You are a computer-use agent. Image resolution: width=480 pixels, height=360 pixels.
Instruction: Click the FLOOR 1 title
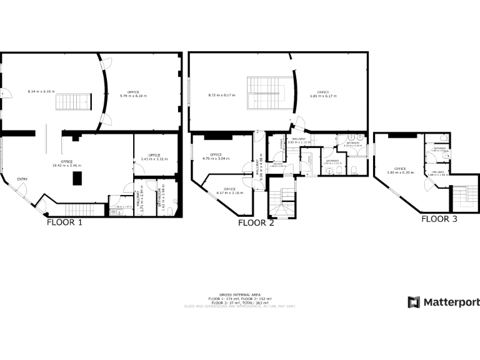[x=64, y=222]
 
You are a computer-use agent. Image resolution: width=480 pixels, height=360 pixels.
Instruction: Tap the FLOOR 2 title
[x=256, y=223]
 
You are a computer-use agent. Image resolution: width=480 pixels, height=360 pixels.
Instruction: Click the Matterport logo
[x=444, y=302]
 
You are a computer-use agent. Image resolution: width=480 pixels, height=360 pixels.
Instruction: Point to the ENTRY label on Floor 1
[x=22, y=180]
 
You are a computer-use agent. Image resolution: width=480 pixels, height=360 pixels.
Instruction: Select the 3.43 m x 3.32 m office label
[x=154, y=157]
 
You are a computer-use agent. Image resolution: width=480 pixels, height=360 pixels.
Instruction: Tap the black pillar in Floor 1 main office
[x=77, y=178]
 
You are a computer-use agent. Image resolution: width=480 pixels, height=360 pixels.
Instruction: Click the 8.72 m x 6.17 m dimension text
[x=222, y=95]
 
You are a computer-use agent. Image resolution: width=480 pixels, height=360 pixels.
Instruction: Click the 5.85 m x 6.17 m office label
[x=323, y=94]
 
